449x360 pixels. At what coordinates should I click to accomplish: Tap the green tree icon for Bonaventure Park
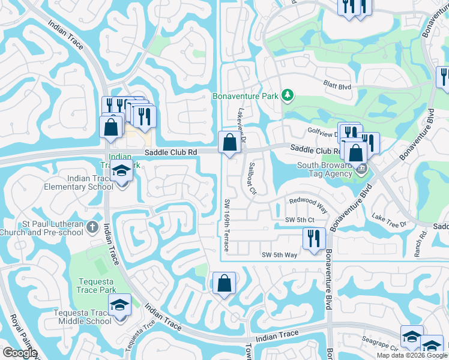click(x=288, y=95)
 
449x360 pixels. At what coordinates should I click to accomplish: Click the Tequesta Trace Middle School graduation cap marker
click(x=119, y=307)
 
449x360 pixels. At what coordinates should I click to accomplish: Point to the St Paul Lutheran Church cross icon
click(x=91, y=227)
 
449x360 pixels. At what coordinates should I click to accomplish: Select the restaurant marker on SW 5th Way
click(x=314, y=237)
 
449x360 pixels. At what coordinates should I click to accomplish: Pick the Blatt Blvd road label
click(x=337, y=86)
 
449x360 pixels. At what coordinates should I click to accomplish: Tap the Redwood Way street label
click(x=308, y=205)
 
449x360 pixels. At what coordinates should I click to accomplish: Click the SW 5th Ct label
click(x=300, y=220)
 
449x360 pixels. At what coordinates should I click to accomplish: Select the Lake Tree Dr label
click(x=390, y=219)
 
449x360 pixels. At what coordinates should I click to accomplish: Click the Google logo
click(x=20, y=352)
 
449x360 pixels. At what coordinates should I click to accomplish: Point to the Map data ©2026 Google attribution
click(x=412, y=355)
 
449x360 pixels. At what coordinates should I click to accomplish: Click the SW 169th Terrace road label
click(x=227, y=225)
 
